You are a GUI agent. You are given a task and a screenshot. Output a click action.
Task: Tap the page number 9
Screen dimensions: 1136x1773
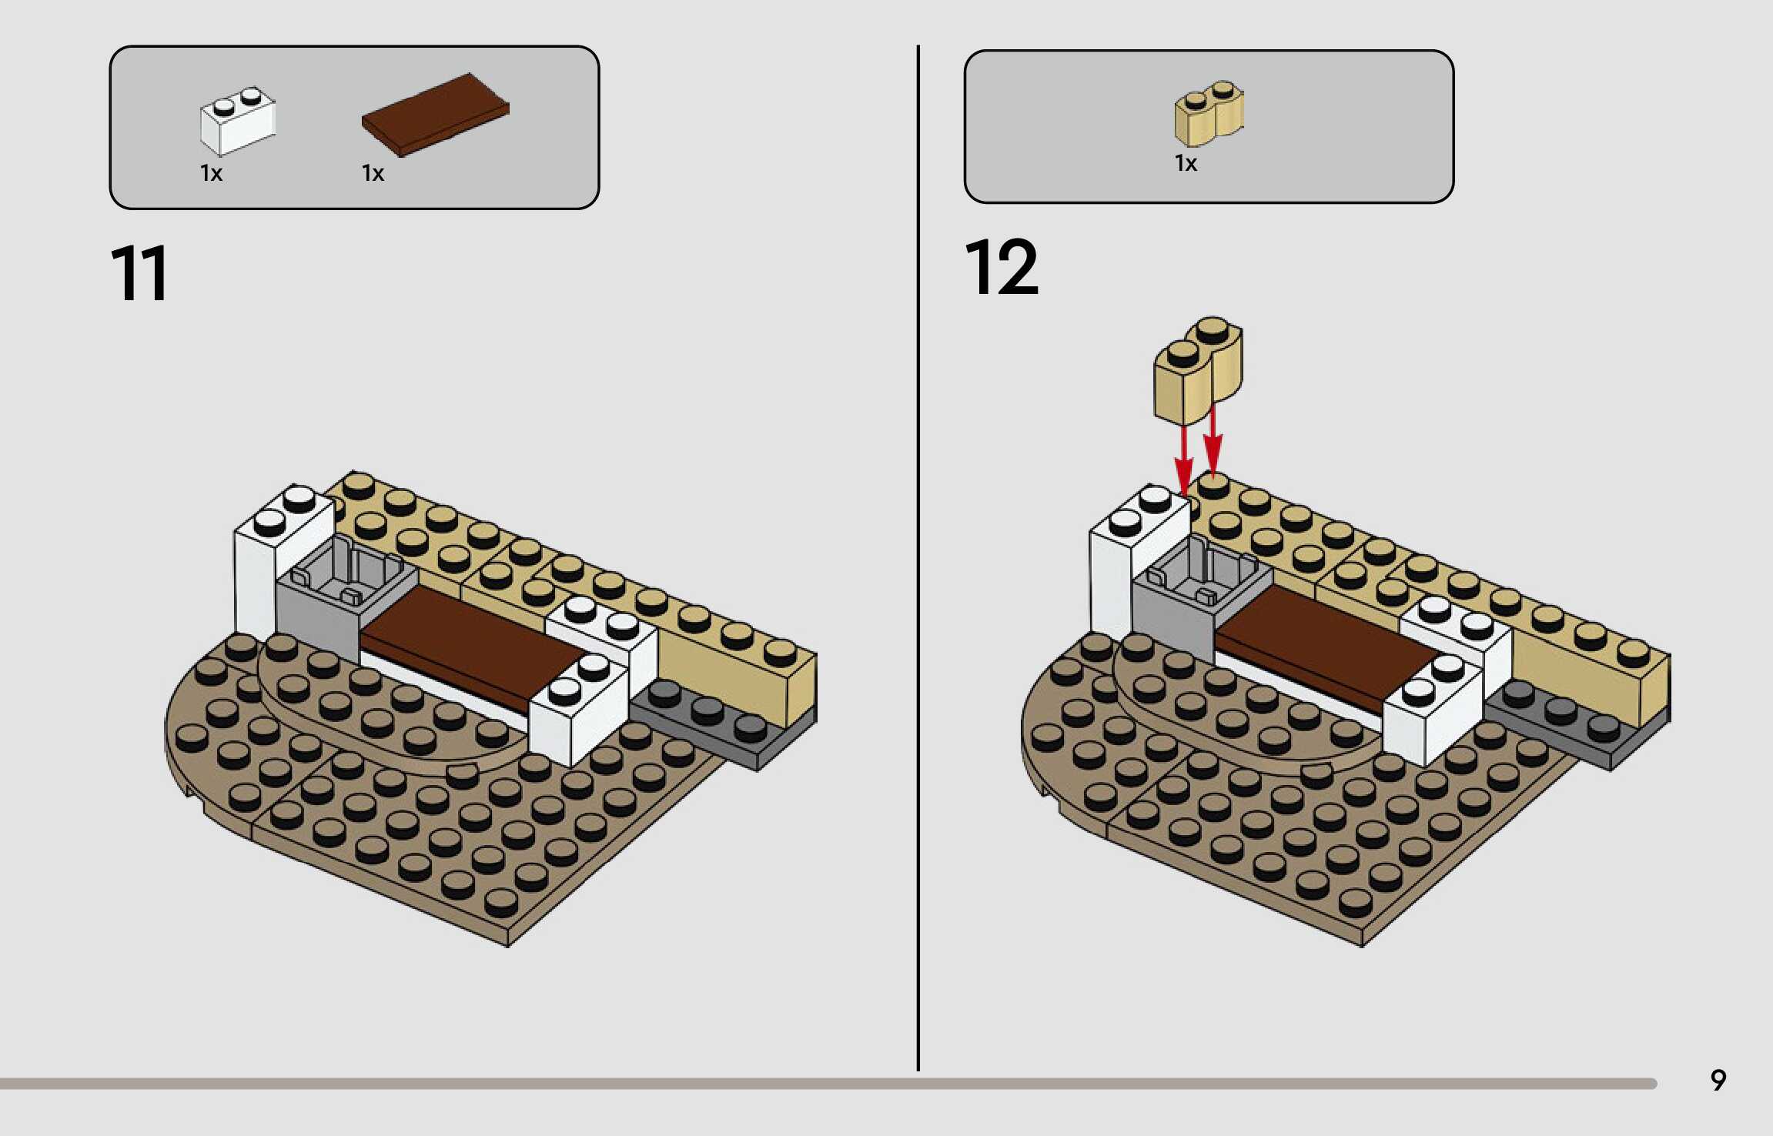1718,1080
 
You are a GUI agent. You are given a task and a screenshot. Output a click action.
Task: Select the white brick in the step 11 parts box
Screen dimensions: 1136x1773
237,122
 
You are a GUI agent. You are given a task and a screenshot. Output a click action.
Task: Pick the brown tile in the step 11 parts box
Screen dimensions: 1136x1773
436,115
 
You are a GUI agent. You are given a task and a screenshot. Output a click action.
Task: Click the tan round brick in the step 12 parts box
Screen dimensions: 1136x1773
1208,114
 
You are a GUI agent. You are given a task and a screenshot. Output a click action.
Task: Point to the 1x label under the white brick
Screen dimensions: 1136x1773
211,173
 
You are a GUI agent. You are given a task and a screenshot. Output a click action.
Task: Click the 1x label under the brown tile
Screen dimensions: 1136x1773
373,173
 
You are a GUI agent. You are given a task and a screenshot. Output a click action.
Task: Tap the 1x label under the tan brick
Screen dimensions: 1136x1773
1186,163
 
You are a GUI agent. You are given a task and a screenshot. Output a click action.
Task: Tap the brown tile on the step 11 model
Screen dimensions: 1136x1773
470,643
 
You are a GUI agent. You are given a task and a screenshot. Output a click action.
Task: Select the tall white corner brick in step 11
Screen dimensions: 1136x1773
262,570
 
